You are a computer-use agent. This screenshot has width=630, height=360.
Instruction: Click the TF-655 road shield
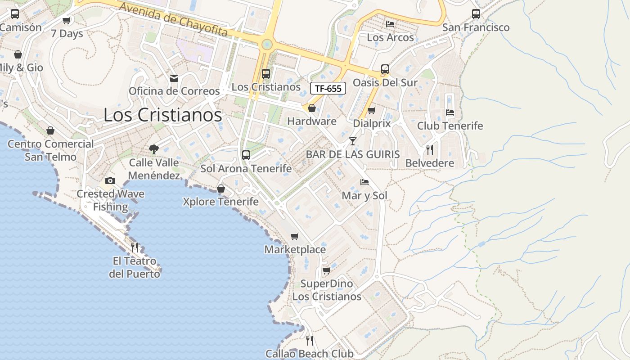pyautogui.click(x=328, y=88)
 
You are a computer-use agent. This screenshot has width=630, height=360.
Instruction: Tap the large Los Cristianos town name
pyautogui.click(x=162, y=115)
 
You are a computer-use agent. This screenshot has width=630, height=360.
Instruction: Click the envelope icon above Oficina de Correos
pyautogui.click(x=174, y=78)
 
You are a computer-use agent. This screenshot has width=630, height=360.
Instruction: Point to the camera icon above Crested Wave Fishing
pyautogui.click(x=110, y=181)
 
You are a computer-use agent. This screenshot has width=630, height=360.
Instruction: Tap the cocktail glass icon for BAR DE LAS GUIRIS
pyautogui.click(x=352, y=141)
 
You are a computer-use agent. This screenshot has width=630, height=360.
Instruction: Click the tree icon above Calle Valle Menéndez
pyautogui.click(x=154, y=149)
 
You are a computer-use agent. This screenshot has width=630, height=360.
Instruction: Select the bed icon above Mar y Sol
pyautogui.click(x=364, y=182)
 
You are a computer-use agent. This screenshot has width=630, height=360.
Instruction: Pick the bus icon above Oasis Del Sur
pyautogui.click(x=385, y=69)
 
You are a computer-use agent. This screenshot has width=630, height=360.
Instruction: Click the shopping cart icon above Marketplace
pyautogui.click(x=295, y=236)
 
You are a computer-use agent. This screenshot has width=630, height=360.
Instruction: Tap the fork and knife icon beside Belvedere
pyautogui.click(x=430, y=149)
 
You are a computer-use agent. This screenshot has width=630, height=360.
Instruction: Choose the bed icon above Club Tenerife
pyautogui.click(x=450, y=112)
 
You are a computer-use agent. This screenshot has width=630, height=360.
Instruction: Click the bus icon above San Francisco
pyautogui.click(x=476, y=14)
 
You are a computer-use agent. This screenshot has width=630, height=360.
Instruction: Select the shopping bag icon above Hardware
pyautogui.click(x=311, y=108)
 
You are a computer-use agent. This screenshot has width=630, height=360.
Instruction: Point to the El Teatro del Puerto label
pyautogui.click(x=135, y=267)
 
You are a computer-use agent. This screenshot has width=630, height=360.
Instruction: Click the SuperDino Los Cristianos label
pyautogui.click(x=327, y=290)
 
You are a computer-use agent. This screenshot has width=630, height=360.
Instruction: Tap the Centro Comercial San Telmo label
pyautogui.click(x=50, y=150)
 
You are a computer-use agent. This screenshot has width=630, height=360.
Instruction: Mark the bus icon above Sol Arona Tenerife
pyautogui.click(x=246, y=155)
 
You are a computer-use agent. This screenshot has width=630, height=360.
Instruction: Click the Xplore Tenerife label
pyautogui.click(x=220, y=202)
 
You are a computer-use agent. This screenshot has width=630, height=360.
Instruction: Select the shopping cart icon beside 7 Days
pyautogui.click(x=67, y=21)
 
